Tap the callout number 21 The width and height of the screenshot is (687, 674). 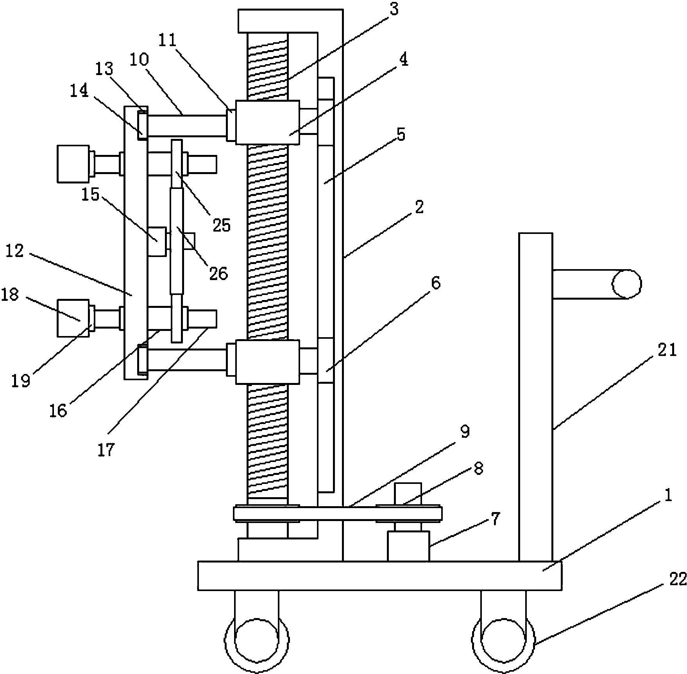coord(667,350)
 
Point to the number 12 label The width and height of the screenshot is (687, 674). coord(15,251)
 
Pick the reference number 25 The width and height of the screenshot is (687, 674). coord(222,225)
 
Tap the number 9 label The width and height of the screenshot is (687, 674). coord(464,432)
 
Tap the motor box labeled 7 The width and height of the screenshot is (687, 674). coord(408,546)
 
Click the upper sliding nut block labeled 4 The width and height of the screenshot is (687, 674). coord(267,122)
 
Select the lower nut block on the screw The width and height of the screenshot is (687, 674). coord(267,361)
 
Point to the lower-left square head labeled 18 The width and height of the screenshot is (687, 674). coord(73,318)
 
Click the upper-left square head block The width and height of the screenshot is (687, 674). coord(73,164)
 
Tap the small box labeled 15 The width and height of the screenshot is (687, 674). coord(158,241)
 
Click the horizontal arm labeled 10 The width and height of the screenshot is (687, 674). coord(186,125)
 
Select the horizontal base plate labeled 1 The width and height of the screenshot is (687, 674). coord(379,575)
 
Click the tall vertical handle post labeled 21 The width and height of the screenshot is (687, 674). coord(535,397)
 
